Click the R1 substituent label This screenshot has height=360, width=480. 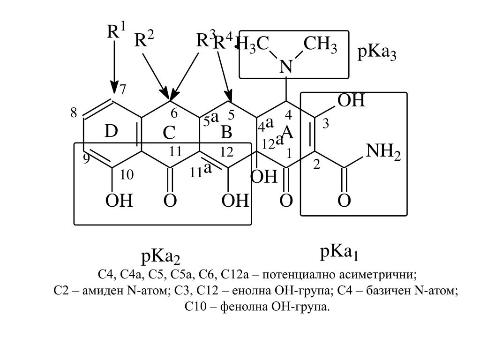(x=116, y=32)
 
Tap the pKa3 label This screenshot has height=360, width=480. (x=377, y=53)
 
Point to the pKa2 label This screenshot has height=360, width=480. (x=160, y=257)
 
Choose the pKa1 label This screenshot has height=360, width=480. (x=339, y=253)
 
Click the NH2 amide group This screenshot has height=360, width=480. (x=382, y=151)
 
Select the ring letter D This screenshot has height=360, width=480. (x=111, y=132)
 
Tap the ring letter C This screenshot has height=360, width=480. (x=169, y=133)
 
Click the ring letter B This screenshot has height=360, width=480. (x=226, y=132)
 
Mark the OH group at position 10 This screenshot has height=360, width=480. (x=119, y=201)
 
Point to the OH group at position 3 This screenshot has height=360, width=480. (x=351, y=100)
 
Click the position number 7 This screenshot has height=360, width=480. (x=122, y=89)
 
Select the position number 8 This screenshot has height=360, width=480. (x=74, y=113)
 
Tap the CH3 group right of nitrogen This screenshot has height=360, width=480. (x=320, y=45)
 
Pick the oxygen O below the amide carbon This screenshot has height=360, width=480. (x=344, y=201)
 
